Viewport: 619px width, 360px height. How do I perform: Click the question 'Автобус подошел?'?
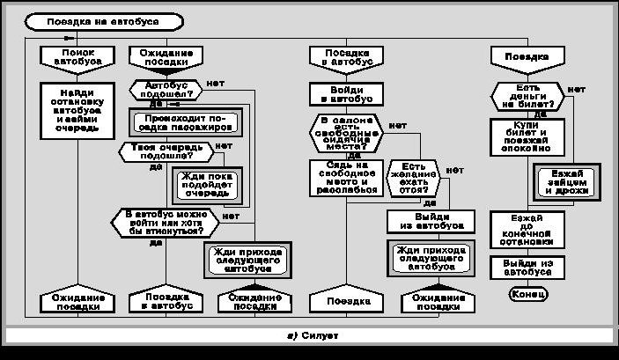tap(166, 89)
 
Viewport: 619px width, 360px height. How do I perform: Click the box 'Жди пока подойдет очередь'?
tap(204, 183)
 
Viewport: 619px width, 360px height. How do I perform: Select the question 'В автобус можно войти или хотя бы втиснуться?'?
tap(166, 222)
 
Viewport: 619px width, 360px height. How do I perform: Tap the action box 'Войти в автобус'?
tap(343, 93)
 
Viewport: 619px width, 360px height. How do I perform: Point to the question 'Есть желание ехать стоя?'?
tap(414, 179)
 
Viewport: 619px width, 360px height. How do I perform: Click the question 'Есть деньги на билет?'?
tap(527, 94)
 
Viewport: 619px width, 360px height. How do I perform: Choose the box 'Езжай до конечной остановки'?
tap(527, 229)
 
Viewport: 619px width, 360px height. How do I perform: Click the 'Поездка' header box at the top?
tap(527, 57)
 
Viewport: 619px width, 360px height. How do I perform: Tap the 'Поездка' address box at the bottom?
tap(343, 300)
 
